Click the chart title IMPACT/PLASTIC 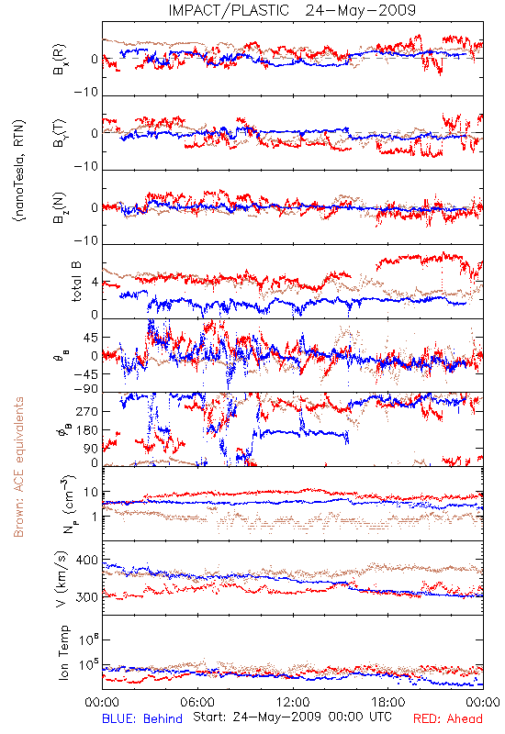[229, 10]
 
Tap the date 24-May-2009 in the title [360, 10]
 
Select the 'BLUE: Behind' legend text [142, 718]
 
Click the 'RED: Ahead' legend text [448, 718]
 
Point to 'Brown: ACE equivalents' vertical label [18, 467]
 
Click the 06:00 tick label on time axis [197, 702]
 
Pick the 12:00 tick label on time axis [293, 702]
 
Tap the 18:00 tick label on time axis [388, 702]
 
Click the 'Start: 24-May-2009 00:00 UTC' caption [292, 717]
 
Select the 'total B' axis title [76, 282]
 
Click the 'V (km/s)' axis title [62, 579]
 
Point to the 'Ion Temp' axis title [63, 652]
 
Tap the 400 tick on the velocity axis [86, 561]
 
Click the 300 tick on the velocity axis [86, 597]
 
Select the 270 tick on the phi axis [87, 411]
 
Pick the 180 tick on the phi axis [87, 430]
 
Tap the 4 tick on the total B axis [95, 283]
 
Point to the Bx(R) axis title [60, 59]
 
